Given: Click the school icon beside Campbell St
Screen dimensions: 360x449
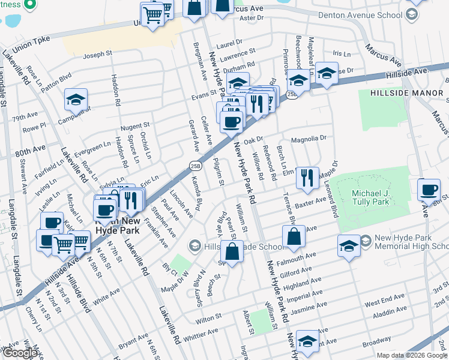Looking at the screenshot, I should (x=76, y=100).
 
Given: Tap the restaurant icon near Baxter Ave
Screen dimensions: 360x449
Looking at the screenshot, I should (x=307, y=178).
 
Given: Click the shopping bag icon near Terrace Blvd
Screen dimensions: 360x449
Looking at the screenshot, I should (x=293, y=238).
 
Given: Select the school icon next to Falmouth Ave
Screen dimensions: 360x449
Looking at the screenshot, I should (x=349, y=246).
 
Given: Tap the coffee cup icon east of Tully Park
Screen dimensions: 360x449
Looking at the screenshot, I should (x=429, y=190).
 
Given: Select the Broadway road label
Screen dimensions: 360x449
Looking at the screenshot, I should (x=377, y=340).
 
